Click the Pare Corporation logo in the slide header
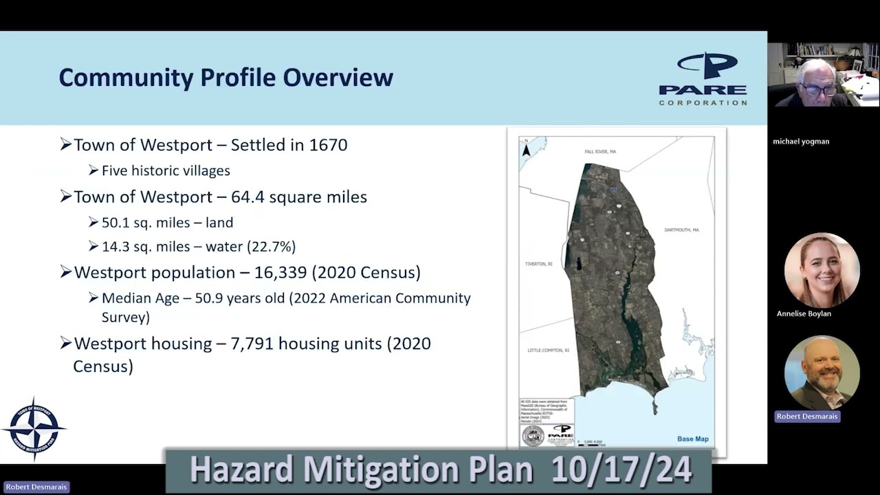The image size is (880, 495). [x=703, y=79]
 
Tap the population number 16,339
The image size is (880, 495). [x=281, y=272]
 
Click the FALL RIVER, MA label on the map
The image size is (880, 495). [x=600, y=151]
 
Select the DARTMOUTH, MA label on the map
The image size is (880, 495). [x=681, y=230]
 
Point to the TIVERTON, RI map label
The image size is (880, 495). [x=538, y=264]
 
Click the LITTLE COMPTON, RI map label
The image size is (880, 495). [x=548, y=351]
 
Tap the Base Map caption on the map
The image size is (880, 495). [x=692, y=439]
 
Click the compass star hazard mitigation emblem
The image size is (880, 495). [x=34, y=428]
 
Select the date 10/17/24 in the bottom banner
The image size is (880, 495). [x=621, y=470]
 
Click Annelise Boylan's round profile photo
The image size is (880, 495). [x=822, y=270]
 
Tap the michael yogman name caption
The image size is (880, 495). [x=801, y=142]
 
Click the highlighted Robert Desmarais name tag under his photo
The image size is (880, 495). [x=807, y=417]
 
